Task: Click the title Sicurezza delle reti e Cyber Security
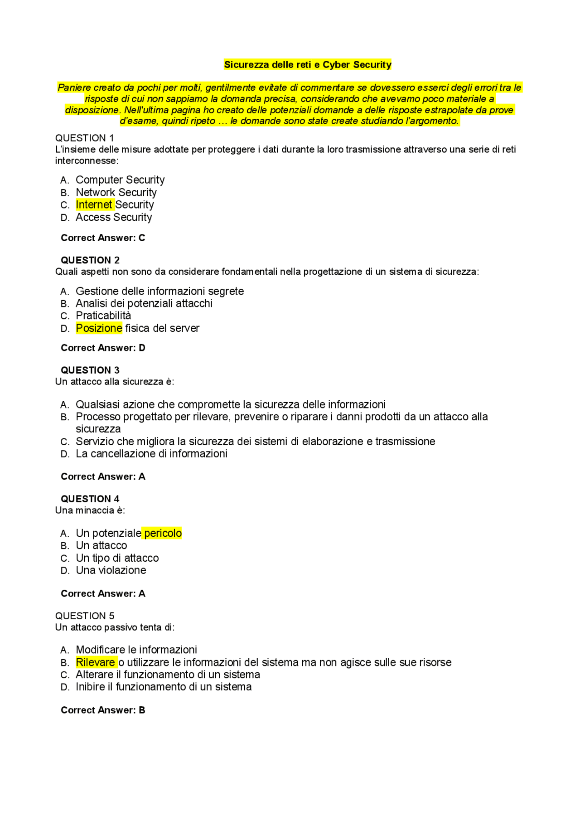(x=308, y=65)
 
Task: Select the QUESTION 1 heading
(x=84, y=138)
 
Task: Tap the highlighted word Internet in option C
(x=94, y=205)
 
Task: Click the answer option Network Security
(x=116, y=193)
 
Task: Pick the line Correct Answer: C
(x=103, y=238)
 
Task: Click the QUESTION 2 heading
(x=90, y=260)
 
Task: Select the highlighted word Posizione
(x=99, y=328)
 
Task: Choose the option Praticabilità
(x=103, y=316)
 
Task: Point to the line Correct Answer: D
(x=103, y=348)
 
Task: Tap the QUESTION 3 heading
(x=90, y=370)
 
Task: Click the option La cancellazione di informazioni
(x=151, y=454)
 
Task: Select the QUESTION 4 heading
(x=90, y=499)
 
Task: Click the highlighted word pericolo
(x=163, y=533)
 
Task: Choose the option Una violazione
(x=111, y=570)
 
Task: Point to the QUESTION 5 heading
(x=84, y=616)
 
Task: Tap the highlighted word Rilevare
(x=95, y=662)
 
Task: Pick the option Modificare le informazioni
(x=136, y=650)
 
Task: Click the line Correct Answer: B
(x=103, y=710)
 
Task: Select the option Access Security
(x=114, y=218)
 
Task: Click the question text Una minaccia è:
(x=90, y=510)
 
